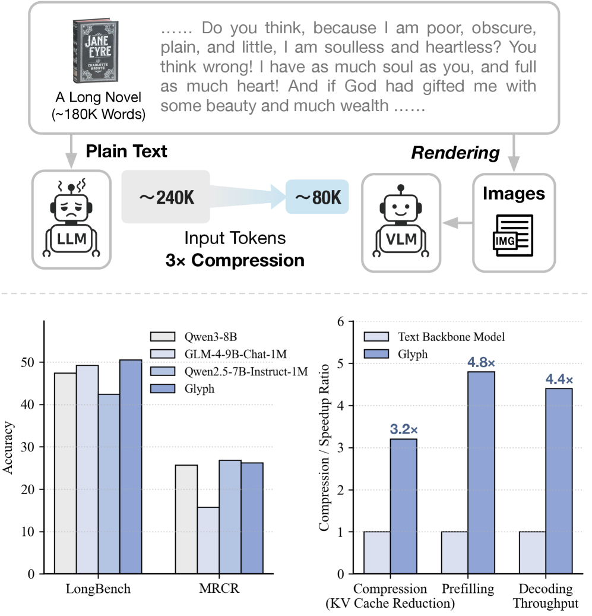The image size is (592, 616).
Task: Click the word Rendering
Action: [x=455, y=153]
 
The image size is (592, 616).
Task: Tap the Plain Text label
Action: [x=126, y=151]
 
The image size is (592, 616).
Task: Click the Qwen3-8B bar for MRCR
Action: [x=186, y=519]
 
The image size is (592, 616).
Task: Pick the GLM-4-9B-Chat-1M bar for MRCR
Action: [x=208, y=540]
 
